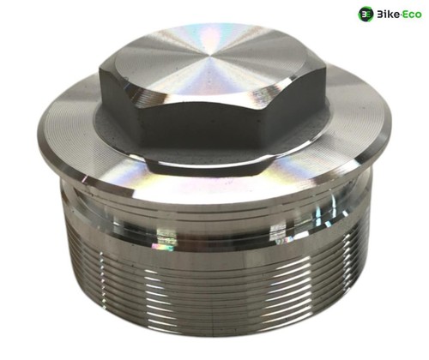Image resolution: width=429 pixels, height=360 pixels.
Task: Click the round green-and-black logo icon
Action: click(366, 14)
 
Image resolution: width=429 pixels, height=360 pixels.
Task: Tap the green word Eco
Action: click(412, 15)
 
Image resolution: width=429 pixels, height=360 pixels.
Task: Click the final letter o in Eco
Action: click(418, 15)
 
